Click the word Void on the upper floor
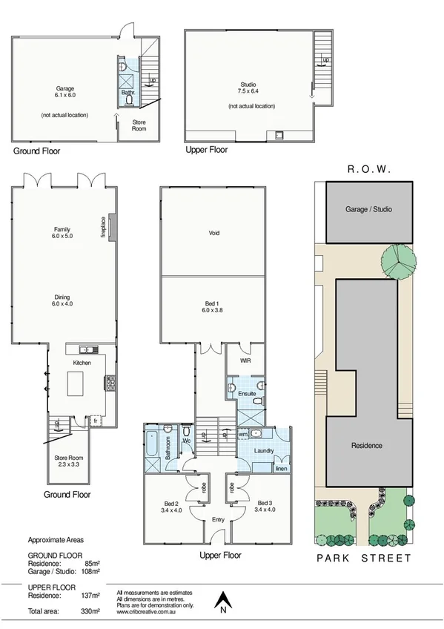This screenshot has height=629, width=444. tap(214, 233)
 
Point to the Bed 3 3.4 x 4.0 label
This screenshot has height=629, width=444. tap(265, 507)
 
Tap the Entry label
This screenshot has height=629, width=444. tap(218, 519)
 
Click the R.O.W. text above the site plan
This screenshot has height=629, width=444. tap(368, 170)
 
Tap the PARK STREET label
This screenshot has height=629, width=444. tap(363, 559)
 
